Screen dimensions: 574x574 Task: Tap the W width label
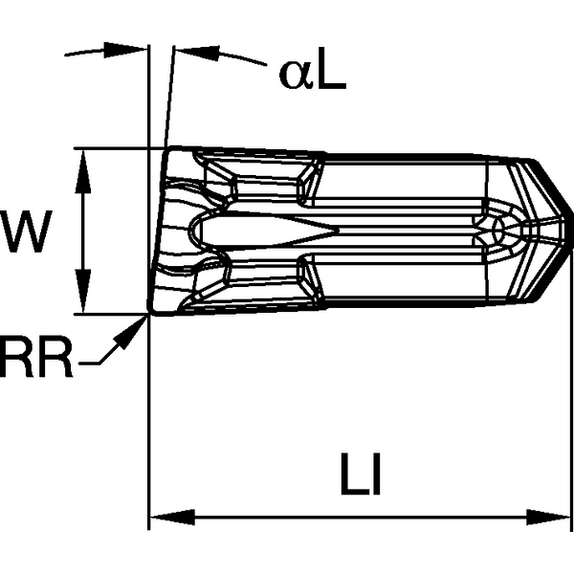[x=24, y=232]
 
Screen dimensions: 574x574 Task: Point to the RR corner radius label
[x=36, y=364]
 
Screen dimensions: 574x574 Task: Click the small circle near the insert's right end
[x=497, y=230]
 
